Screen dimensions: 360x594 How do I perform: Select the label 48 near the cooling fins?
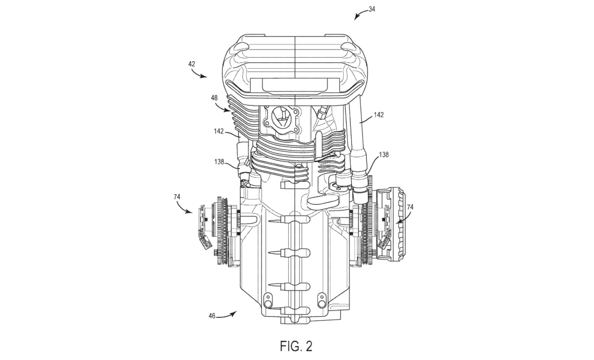coord(214,98)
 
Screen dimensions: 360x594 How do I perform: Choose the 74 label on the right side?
coord(409,207)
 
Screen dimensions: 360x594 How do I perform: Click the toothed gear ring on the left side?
coord(220,231)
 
